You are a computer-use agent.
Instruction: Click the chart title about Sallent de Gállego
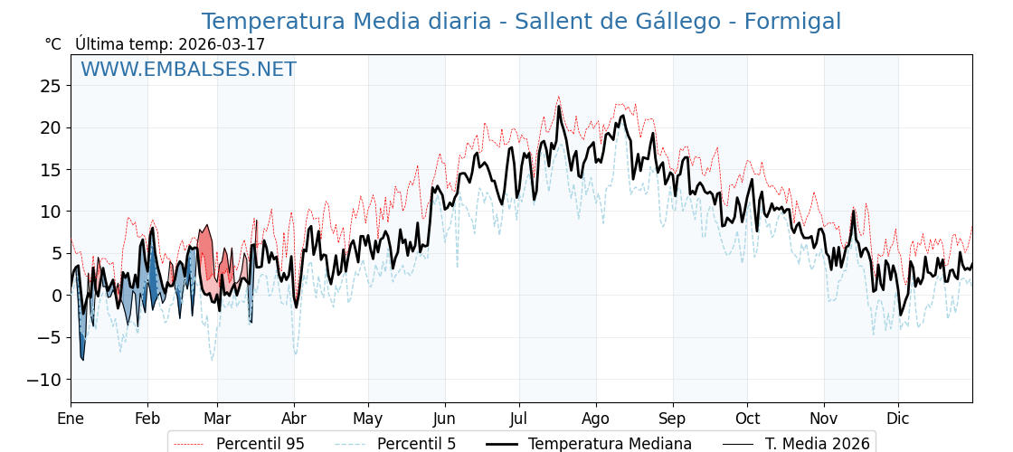521,22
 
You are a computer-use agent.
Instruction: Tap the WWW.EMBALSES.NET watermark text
188,70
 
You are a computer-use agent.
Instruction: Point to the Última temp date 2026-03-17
222,44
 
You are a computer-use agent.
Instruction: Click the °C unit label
53,44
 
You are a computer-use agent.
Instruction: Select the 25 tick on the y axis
51,86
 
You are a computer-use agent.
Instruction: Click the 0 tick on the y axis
57,296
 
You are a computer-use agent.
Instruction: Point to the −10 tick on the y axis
45,380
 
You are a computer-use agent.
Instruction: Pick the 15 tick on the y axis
51,170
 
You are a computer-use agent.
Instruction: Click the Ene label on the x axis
71,419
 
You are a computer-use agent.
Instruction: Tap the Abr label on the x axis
294,419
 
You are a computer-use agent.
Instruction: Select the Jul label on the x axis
519,419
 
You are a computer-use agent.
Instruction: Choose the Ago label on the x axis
596,419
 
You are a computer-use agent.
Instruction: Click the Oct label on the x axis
747,419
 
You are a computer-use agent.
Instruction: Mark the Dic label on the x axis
898,419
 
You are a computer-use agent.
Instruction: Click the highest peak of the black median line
558,107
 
